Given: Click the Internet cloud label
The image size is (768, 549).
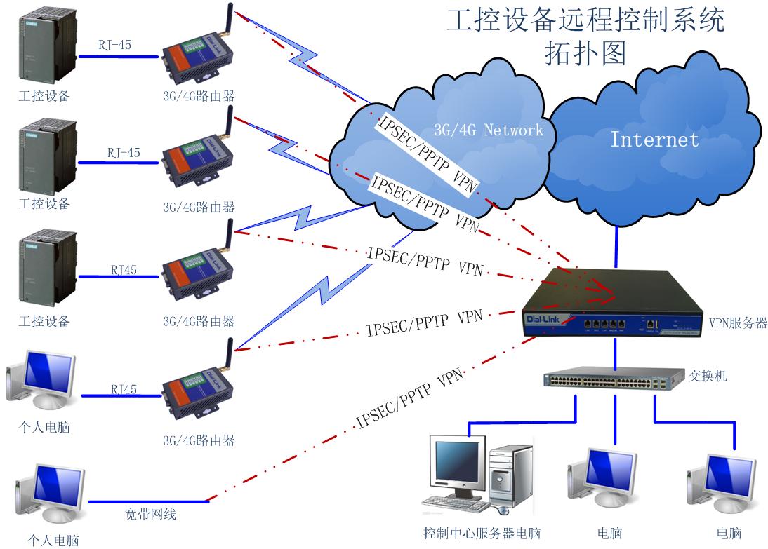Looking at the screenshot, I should click(x=654, y=139).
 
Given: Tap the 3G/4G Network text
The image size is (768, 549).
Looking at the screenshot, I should click(x=488, y=130).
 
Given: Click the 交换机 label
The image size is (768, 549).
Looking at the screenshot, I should click(x=708, y=377).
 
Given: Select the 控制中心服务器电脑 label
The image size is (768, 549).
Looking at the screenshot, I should click(x=482, y=534).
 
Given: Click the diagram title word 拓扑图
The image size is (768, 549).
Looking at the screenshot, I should click(x=585, y=53).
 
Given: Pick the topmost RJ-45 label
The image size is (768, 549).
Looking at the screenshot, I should click(x=114, y=46).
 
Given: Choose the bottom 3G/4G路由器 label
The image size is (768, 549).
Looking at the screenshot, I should click(x=199, y=441).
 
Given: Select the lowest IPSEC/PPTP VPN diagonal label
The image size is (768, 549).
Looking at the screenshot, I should click(x=410, y=400).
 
